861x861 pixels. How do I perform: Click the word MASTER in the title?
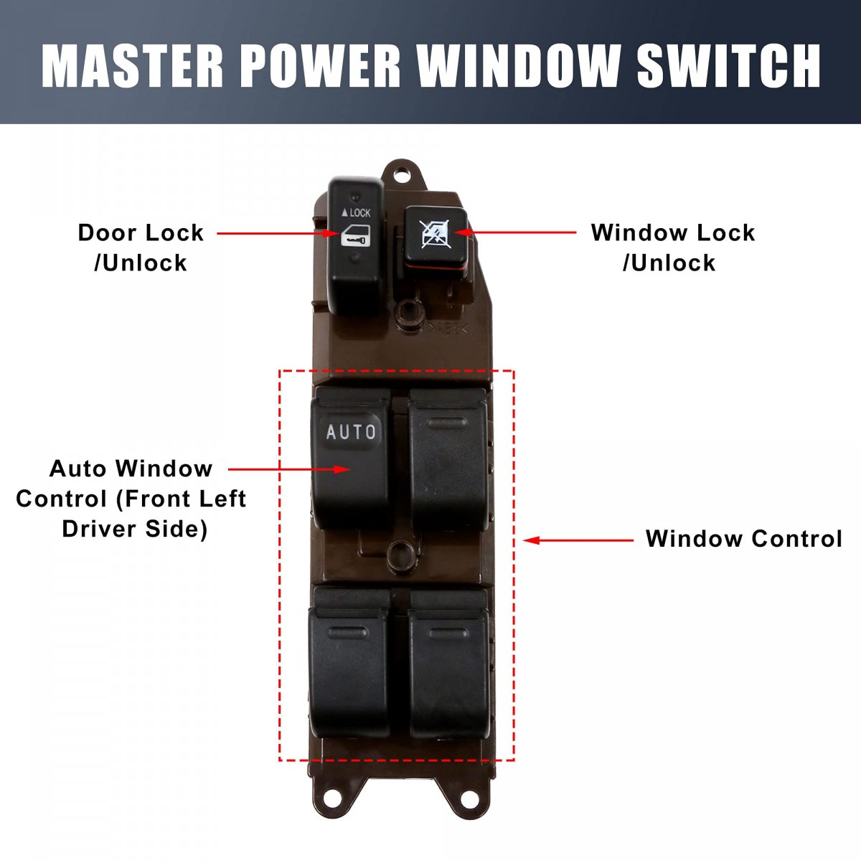(x=132, y=65)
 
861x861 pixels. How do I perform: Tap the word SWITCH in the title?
(x=728, y=65)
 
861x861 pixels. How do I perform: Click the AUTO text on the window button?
(x=351, y=432)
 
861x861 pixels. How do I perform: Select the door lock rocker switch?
(x=356, y=246)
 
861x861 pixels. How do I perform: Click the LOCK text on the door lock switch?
(x=356, y=212)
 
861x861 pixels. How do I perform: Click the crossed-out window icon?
(x=436, y=234)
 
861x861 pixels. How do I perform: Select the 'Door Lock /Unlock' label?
(x=141, y=248)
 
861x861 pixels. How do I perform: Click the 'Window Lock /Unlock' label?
(x=673, y=248)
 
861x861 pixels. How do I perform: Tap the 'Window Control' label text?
(x=744, y=539)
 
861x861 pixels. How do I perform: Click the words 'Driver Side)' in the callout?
(x=134, y=529)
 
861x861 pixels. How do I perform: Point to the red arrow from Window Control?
(x=578, y=540)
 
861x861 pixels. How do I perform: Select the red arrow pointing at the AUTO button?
(x=289, y=469)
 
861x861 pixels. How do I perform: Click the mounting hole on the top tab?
(x=402, y=172)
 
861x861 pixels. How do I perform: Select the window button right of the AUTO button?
(x=448, y=460)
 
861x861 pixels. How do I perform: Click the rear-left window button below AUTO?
(x=349, y=663)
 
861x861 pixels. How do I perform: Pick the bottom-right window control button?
(x=449, y=664)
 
